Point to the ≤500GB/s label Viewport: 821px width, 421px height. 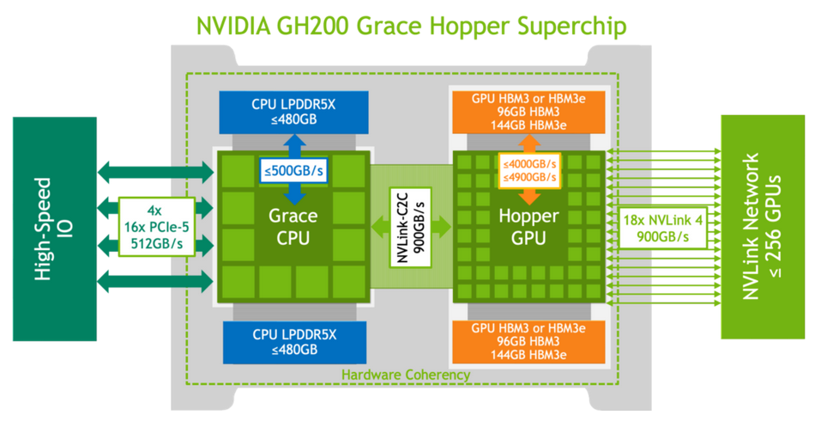pyautogui.click(x=293, y=171)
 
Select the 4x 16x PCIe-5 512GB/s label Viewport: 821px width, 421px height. pyautogui.click(x=154, y=227)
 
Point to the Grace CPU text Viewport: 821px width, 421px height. pyautogui.click(x=293, y=227)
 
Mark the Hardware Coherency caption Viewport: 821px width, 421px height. pyautogui.click(x=405, y=375)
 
